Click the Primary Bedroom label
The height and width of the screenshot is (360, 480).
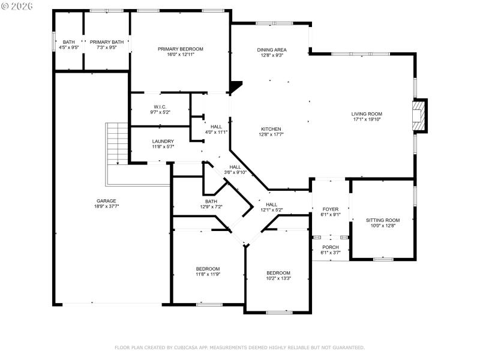181,49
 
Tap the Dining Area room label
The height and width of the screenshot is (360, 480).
271,50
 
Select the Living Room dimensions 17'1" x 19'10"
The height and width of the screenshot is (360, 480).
367,119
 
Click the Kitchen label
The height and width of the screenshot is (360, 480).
271,129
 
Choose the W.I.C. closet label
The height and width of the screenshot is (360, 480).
159,107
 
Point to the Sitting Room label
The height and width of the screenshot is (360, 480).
382,220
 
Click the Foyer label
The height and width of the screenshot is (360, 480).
331,209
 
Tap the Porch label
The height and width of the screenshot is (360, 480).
331,247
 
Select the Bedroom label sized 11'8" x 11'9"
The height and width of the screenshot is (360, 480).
208,268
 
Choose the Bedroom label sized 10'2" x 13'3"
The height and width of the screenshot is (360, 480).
278,272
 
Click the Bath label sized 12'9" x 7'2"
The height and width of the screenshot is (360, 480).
211,202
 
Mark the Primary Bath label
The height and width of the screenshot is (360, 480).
107,42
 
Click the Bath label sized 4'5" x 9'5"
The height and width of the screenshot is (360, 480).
69,42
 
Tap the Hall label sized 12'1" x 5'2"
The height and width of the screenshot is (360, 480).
271,205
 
